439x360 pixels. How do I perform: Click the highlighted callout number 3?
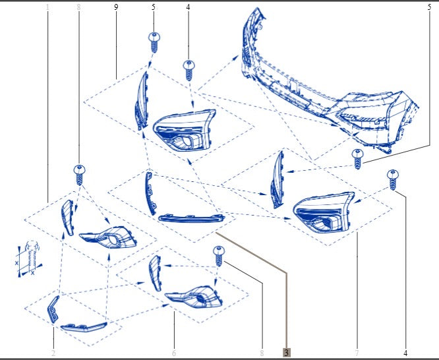pos(286,353)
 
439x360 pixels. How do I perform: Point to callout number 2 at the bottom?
pos(53,353)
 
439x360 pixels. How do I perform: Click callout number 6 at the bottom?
pos(174,353)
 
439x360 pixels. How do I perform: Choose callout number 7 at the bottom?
pos(357,353)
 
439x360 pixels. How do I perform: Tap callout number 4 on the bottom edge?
pos(405,353)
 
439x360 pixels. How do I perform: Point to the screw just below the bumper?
pos(358,158)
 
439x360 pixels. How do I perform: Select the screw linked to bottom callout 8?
pos(219,255)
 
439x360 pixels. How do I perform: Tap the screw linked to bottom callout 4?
pos(392,179)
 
